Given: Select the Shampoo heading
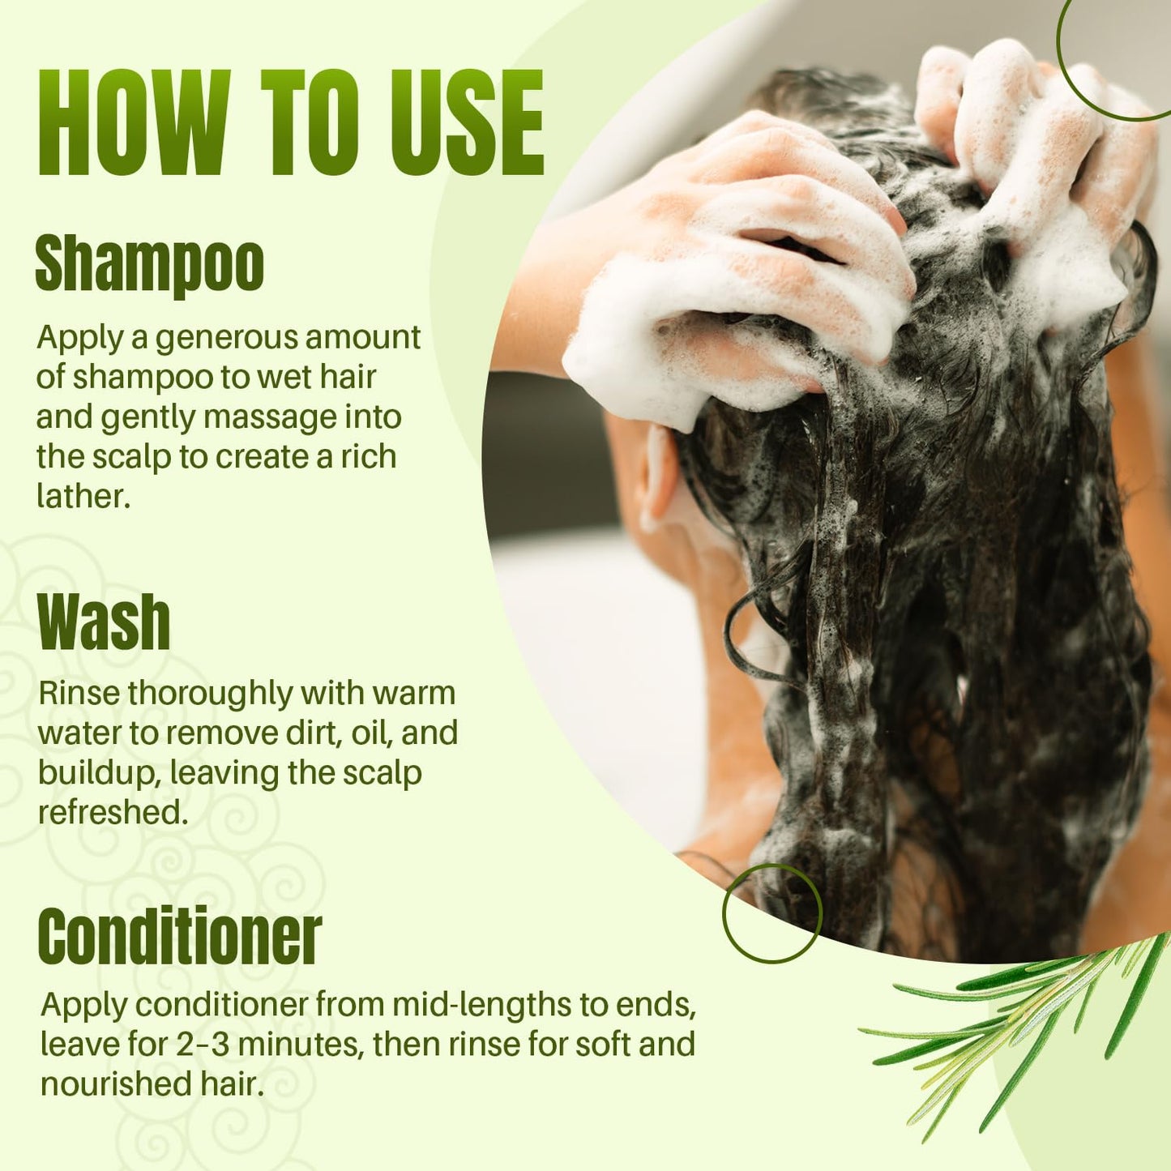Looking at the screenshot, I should (x=150, y=264).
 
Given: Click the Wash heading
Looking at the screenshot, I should (x=104, y=622).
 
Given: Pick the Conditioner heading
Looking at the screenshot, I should (x=179, y=936).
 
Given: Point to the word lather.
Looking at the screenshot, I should (x=83, y=496).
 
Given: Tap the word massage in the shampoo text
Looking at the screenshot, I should (x=270, y=417).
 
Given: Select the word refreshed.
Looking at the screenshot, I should (x=113, y=812).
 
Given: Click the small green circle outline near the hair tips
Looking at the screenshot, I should (x=772, y=912).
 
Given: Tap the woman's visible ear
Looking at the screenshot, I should (x=658, y=478).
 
